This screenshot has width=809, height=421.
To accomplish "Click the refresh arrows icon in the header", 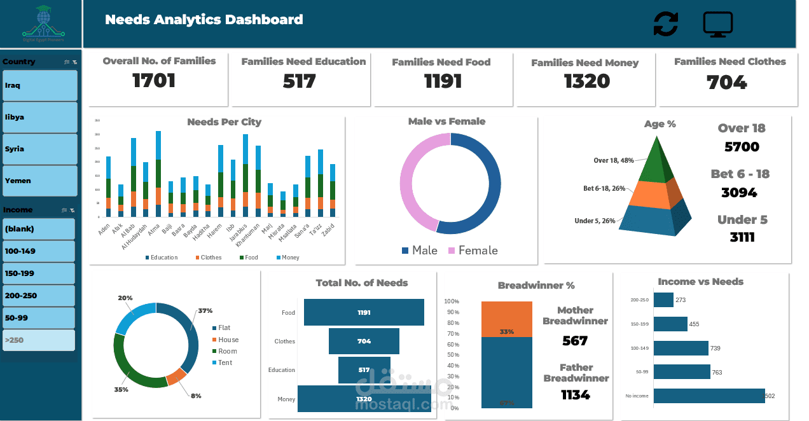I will (x=665, y=24).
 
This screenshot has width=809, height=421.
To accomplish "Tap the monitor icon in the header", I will (x=718, y=24).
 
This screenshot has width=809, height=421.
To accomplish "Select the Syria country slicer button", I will (x=39, y=149).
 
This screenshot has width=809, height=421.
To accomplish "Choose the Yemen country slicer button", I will (x=39, y=181).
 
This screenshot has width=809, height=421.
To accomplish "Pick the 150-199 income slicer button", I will (x=38, y=273).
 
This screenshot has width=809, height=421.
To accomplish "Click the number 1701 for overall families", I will (x=154, y=81).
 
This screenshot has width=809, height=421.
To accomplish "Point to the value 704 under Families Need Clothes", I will (x=726, y=83).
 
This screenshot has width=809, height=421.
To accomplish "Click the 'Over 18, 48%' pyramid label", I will (x=614, y=160).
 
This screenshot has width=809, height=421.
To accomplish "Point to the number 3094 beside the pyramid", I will (x=739, y=192).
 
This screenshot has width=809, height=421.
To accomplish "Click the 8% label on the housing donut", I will (x=196, y=396).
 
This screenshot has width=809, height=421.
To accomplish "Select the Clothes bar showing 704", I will (x=364, y=341).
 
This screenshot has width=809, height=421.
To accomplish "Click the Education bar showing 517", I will (x=364, y=369).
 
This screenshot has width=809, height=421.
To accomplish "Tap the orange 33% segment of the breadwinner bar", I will (x=506, y=319).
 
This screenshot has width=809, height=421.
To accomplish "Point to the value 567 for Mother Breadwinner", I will (x=575, y=341).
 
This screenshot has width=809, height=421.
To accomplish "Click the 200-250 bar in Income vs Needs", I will (x=663, y=300).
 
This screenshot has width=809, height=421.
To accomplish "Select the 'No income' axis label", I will (x=636, y=396).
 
